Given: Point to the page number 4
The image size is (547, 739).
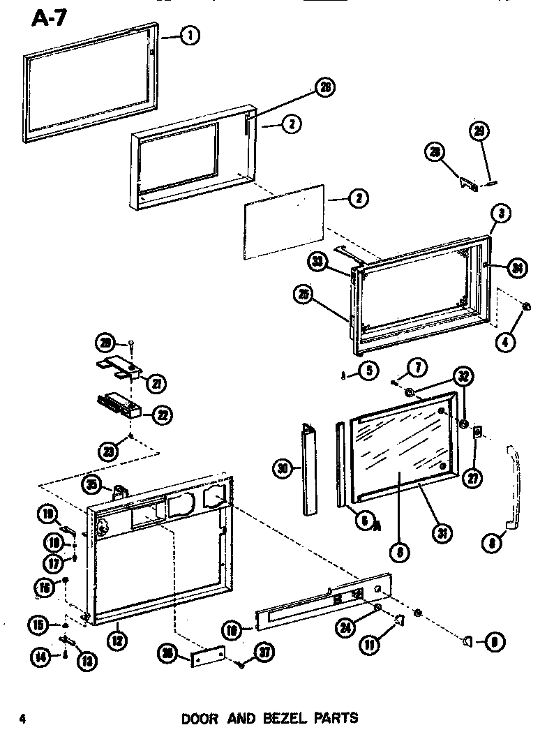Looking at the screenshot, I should pos(23,719).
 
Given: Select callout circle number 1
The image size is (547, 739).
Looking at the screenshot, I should pos(189,36).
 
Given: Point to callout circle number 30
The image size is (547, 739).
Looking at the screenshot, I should pos(282,470).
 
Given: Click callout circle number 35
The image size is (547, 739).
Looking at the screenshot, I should pos(92,484).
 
